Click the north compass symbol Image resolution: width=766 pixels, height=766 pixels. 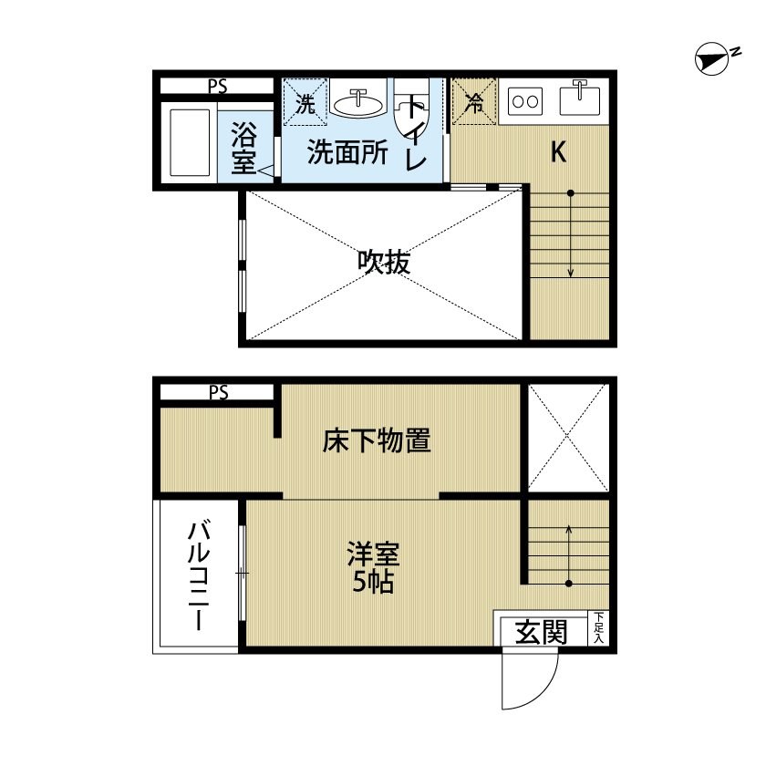pyautogui.click(x=709, y=60)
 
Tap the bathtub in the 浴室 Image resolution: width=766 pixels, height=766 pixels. pyautogui.click(x=190, y=142)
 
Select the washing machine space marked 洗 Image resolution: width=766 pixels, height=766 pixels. pyautogui.click(x=305, y=102)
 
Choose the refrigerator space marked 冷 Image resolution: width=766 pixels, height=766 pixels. pyautogui.click(x=473, y=101)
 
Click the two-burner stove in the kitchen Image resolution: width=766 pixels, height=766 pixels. pyautogui.click(x=525, y=101)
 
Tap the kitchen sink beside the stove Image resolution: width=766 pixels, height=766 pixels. pyautogui.click(x=580, y=98)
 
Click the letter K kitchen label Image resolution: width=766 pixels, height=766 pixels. pyautogui.click(x=558, y=152)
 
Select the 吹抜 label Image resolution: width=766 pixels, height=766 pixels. pyautogui.click(x=384, y=263)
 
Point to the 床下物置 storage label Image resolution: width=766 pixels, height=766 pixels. pyautogui.click(x=376, y=440)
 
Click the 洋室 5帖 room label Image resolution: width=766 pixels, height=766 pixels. pyautogui.click(x=373, y=567)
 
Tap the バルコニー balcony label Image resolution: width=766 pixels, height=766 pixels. pyautogui.click(x=199, y=576)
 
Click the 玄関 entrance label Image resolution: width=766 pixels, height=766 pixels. pyautogui.click(x=542, y=633)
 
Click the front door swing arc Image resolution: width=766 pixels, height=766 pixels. pyautogui.click(x=543, y=695)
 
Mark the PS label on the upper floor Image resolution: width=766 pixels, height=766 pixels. pyautogui.click(x=218, y=87)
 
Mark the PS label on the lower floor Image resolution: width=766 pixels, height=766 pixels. pyautogui.click(x=218, y=392)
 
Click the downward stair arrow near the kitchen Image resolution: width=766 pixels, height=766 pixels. pyautogui.click(x=570, y=234)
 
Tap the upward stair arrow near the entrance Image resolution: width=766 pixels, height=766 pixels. pyautogui.click(x=569, y=555)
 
